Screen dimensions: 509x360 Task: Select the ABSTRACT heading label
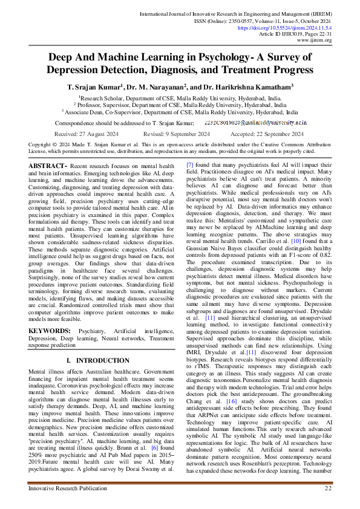[x=47, y=165]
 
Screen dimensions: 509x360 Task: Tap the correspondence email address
[x=261, y=122]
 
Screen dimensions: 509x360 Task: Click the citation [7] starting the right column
[x=190, y=165]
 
